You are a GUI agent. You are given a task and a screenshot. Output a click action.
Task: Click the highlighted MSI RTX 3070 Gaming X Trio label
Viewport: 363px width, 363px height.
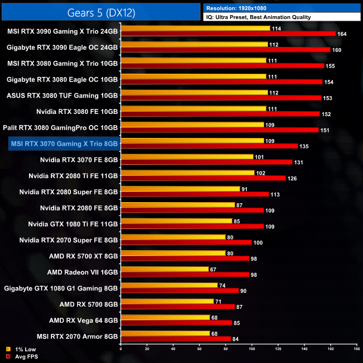(64, 144)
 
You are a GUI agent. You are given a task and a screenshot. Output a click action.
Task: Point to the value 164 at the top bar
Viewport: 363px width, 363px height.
(342, 34)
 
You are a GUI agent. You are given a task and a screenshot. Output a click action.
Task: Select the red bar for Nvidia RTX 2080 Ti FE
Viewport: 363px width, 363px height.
(203, 178)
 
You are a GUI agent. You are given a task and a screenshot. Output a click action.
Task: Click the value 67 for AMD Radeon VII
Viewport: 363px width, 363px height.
(213, 269)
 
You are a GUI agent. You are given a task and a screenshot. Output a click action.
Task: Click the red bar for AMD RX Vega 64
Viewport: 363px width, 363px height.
(176, 323)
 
